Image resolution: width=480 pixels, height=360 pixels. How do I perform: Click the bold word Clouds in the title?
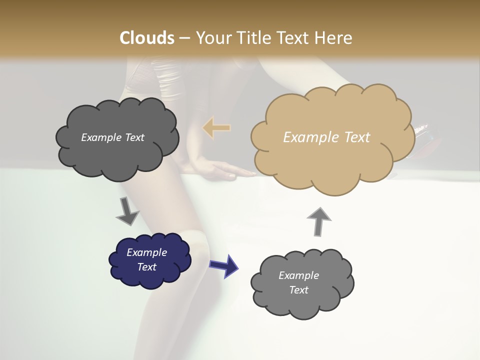pos(147,38)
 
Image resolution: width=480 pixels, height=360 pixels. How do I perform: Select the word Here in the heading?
pos(334,38)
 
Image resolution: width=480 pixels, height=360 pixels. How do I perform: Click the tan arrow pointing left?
pos(216,128)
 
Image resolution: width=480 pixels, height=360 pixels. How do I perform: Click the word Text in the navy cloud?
pos(147,267)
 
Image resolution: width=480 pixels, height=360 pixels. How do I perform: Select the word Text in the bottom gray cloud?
pos(298,290)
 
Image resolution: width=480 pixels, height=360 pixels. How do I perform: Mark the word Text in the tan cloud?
pos(356,137)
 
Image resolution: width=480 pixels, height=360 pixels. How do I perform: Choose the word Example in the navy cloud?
pos(147,252)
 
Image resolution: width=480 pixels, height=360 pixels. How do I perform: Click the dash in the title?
pos(184,38)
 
